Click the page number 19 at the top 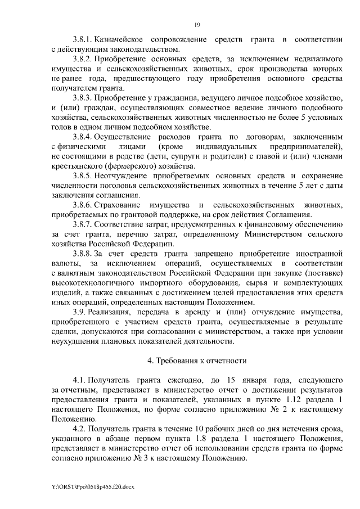(x=197, y=24)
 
